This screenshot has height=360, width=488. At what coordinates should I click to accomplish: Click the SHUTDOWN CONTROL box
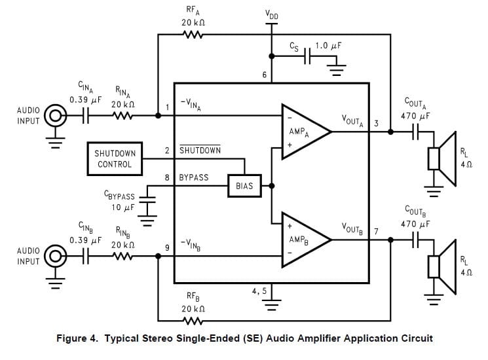pyautogui.click(x=115, y=158)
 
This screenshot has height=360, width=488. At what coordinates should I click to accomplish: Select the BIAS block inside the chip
pyautogui.click(x=243, y=186)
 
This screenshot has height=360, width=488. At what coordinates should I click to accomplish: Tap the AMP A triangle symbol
pyautogui.click(x=303, y=131)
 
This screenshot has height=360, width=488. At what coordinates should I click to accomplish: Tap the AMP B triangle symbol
pyautogui.click(x=303, y=239)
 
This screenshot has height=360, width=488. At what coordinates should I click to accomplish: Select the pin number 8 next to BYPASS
pyautogui.click(x=167, y=177)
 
